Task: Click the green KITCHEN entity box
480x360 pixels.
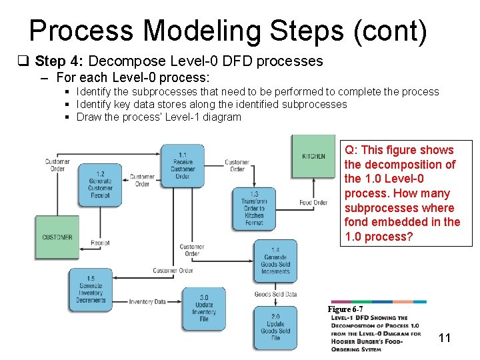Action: pos(313,156)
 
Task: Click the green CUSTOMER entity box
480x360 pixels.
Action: pos(57,237)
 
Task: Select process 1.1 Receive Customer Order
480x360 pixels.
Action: pos(182,162)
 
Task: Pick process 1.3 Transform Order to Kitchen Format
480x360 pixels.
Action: pos(254,209)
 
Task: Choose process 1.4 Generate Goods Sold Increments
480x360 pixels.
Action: pos(275,261)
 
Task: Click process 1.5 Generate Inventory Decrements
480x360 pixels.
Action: pos(91,289)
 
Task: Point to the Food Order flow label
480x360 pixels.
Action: pos(313,203)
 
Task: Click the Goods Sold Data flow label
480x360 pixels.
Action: pos(275,294)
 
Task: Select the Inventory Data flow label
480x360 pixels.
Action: pos(147,301)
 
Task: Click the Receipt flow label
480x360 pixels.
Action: pos(100,243)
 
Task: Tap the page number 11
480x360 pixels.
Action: pos(445,338)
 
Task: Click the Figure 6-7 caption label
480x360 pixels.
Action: pos(345,309)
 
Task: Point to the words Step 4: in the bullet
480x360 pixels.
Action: pos(59,61)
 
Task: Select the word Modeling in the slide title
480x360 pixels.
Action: pos(200,31)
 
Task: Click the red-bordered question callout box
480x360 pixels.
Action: pos(406,193)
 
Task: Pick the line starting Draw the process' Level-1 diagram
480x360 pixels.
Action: pos(159,117)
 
